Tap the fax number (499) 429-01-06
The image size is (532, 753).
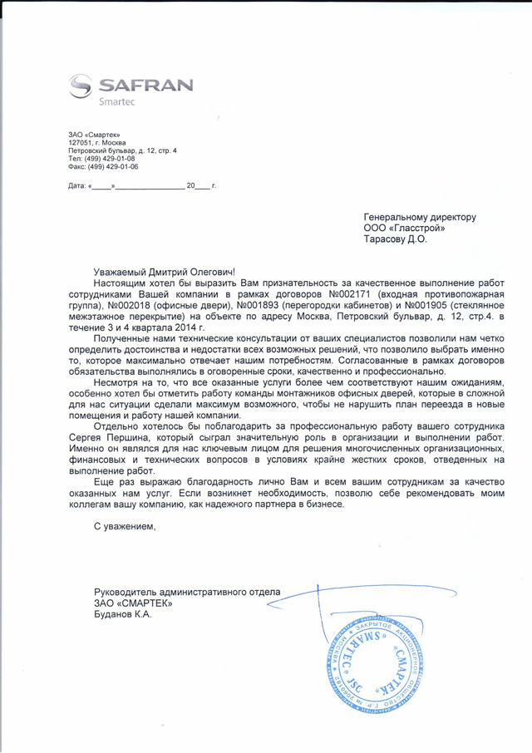tap(111, 166)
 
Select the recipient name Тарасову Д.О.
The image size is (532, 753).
tap(395, 239)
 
